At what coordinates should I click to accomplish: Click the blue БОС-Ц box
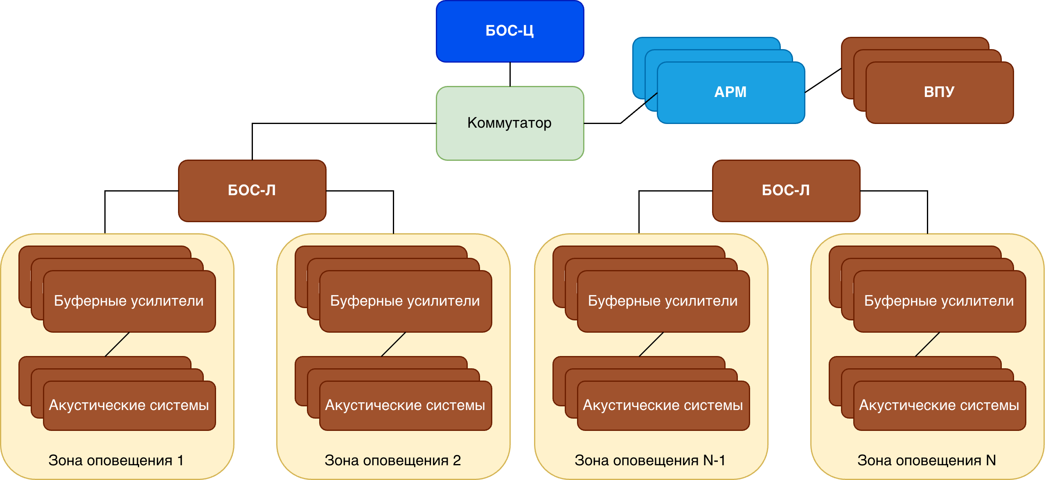click(509, 31)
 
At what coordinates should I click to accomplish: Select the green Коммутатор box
click(509, 123)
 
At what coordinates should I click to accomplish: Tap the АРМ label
click(730, 92)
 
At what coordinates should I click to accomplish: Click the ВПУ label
click(939, 92)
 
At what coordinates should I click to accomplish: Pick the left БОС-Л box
click(252, 190)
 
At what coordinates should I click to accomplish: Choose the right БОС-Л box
click(786, 190)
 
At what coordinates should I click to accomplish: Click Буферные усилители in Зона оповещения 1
click(129, 301)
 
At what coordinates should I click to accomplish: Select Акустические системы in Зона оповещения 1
click(129, 405)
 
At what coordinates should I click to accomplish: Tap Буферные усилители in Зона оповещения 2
click(405, 301)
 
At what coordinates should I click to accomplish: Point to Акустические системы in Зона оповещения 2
click(405, 405)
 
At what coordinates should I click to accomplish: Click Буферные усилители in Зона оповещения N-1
click(663, 301)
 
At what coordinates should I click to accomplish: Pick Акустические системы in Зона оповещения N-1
click(663, 405)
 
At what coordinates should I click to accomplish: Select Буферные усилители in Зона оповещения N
click(939, 301)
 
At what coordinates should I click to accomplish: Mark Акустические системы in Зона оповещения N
click(939, 405)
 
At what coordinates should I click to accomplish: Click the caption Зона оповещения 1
click(116, 460)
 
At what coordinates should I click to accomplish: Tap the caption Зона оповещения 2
click(393, 460)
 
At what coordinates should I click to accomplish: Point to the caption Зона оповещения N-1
click(650, 460)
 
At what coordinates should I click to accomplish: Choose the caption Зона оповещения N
click(927, 460)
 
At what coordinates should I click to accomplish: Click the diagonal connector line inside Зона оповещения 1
click(117, 344)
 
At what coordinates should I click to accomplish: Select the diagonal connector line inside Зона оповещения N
click(927, 344)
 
